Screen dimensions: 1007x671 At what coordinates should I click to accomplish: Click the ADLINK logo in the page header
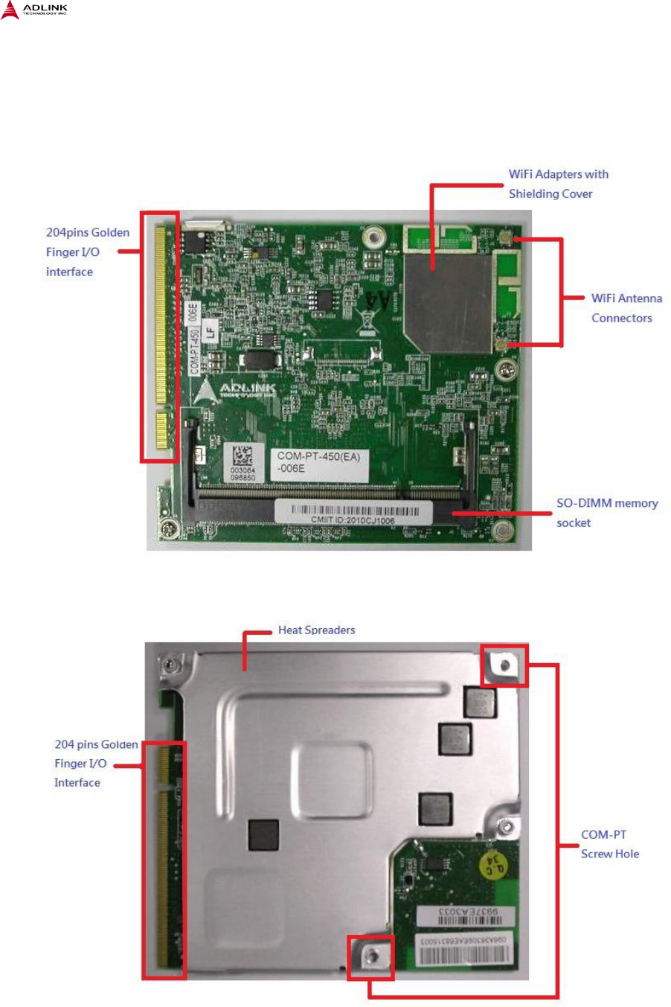[35, 10]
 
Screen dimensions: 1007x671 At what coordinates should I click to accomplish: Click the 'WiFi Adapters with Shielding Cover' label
[558, 184]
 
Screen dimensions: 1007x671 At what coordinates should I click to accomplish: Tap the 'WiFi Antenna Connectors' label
[626, 308]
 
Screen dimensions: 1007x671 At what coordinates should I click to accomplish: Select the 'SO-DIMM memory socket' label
[607, 513]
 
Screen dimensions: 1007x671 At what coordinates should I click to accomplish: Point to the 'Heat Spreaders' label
[316, 630]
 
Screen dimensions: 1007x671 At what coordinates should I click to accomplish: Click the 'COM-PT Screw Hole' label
[609, 844]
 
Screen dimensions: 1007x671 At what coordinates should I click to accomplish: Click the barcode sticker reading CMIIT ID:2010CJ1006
[353, 513]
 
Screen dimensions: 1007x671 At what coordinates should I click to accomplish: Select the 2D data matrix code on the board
[243, 455]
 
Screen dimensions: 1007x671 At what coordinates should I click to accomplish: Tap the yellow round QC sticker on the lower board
[494, 866]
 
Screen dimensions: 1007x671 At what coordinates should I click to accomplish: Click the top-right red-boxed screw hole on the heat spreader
[504, 665]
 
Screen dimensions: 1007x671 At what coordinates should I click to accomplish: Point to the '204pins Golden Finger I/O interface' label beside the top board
[87, 252]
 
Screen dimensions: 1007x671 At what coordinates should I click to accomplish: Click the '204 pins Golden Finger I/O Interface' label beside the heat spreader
[95, 764]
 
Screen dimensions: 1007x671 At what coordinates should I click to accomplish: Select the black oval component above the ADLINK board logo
[260, 359]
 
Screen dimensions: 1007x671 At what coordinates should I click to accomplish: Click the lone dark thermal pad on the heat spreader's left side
[263, 835]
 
